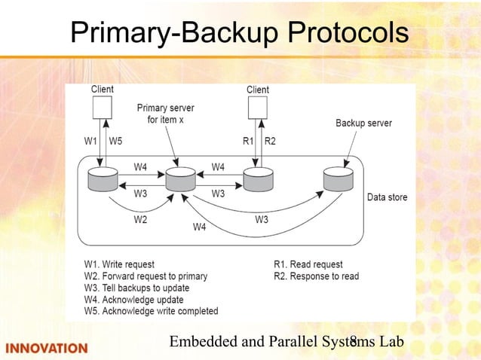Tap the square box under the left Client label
[103, 108]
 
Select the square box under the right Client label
[258, 108]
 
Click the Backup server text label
[363, 123]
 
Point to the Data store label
[387, 197]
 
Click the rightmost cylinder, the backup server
[338, 181]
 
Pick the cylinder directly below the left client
[103, 181]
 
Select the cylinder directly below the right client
[258, 181]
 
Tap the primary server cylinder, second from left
[180, 181]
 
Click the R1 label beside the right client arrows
[248, 141]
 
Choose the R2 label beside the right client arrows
[269, 141]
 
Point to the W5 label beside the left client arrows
[116, 141]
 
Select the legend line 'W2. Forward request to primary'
[146, 276]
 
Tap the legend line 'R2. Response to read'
[316, 276]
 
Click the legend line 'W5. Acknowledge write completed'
[151, 310]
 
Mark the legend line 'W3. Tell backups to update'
[136, 288]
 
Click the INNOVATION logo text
[47, 348]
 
